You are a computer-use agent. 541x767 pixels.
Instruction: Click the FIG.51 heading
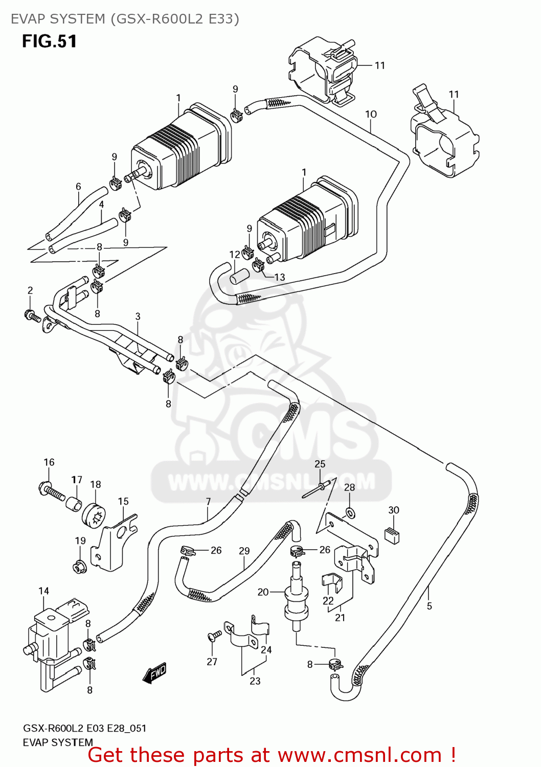49,41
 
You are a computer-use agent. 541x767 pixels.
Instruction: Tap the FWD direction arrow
154,673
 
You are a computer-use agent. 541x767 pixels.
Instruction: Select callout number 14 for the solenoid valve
43,591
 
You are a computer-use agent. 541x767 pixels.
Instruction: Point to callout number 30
393,510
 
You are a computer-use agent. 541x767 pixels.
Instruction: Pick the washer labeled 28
350,512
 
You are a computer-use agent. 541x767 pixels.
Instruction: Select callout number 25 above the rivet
320,464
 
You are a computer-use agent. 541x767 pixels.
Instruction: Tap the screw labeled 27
215,636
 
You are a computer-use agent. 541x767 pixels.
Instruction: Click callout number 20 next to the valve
263,592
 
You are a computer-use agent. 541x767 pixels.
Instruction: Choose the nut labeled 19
79,567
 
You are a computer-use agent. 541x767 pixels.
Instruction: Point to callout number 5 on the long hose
429,606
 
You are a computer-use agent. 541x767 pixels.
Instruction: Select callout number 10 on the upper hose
371,114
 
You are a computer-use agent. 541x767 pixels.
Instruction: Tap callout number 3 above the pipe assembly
138,317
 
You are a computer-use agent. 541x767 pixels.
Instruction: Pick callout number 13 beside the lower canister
280,277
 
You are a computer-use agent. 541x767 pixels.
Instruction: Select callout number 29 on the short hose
244,551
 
